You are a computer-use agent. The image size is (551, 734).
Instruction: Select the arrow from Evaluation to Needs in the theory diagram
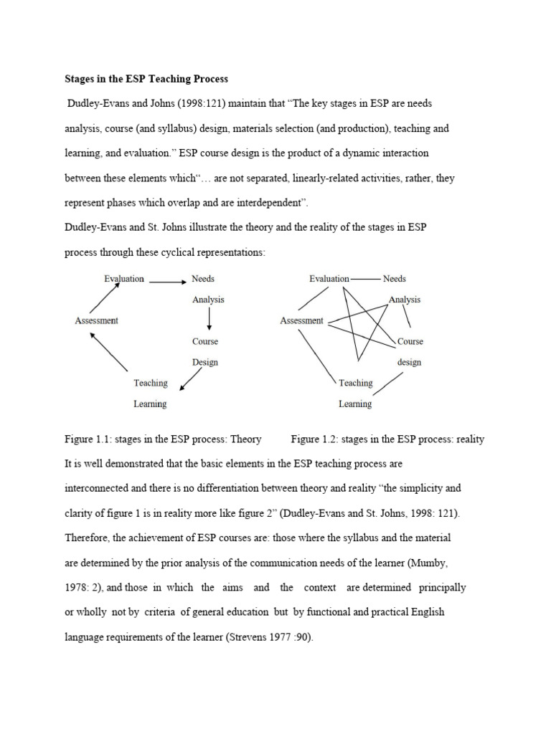pyautogui.click(x=167, y=282)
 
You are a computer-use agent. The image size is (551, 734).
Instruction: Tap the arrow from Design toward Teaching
pyautogui.click(x=191, y=381)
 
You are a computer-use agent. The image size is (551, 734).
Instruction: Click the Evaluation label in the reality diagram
pyautogui.click(x=329, y=279)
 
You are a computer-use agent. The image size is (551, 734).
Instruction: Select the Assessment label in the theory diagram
pyautogui.click(x=96, y=320)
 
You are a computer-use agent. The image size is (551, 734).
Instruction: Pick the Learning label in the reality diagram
pyautogui.click(x=355, y=404)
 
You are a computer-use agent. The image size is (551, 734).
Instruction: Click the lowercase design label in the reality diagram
pyautogui.click(x=409, y=362)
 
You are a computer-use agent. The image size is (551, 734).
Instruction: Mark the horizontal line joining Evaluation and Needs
pyautogui.click(x=365, y=279)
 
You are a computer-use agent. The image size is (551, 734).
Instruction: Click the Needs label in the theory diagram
pyautogui.click(x=203, y=279)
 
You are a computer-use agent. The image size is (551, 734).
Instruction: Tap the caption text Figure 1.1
pyautogui.click(x=86, y=439)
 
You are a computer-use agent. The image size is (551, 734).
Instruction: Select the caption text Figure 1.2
pyautogui.click(x=314, y=439)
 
